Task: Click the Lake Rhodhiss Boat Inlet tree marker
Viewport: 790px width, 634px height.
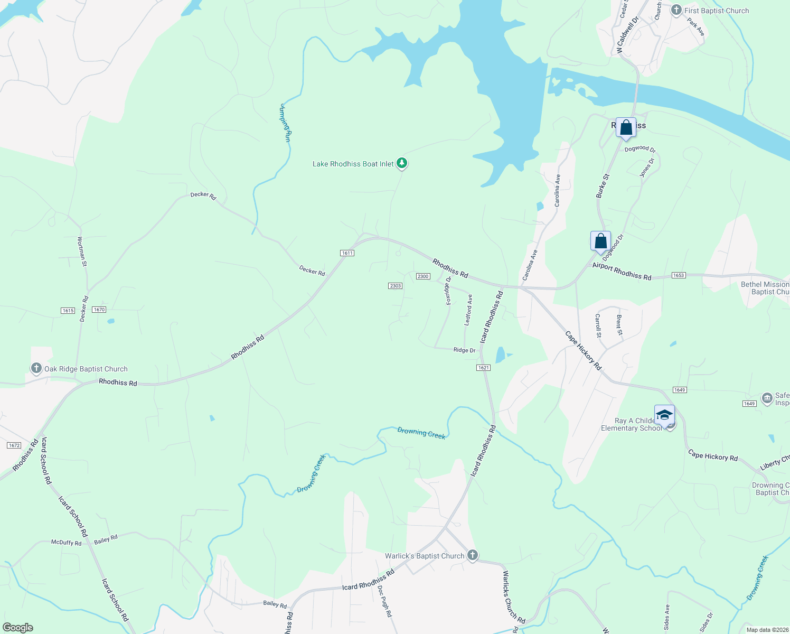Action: tap(402, 163)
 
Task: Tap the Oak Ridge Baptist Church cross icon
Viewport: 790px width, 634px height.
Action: tap(36, 368)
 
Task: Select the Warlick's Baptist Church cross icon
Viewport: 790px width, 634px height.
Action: tap(473, 555)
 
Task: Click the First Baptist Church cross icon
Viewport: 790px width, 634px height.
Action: tap(676, 10)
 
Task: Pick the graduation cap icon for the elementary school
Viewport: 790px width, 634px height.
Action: tap(664, 415)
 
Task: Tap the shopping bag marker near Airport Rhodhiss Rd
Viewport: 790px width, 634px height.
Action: tap(600, 241)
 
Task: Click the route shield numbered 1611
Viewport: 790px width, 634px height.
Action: tap(347, 253)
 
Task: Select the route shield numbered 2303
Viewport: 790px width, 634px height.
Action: tap(395, 286)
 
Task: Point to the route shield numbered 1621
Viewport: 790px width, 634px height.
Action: tap(483, 368)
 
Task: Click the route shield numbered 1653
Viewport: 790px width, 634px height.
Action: tap(679, 275)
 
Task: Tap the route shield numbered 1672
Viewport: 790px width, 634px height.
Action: tap(14, 445)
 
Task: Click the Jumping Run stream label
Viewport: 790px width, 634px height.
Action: tap(285, 123)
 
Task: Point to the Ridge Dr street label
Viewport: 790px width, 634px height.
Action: tap(464, 350)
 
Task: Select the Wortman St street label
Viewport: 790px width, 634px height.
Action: tap(82, 251)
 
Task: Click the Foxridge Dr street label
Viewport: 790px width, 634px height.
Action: tap(448, 291)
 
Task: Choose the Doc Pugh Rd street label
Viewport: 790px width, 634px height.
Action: tap(385, 602)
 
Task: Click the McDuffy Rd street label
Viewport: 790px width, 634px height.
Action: tap(66, 543)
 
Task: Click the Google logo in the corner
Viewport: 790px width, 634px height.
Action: tap(17, 628)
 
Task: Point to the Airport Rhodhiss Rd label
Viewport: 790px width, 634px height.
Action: tap(622, 271)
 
